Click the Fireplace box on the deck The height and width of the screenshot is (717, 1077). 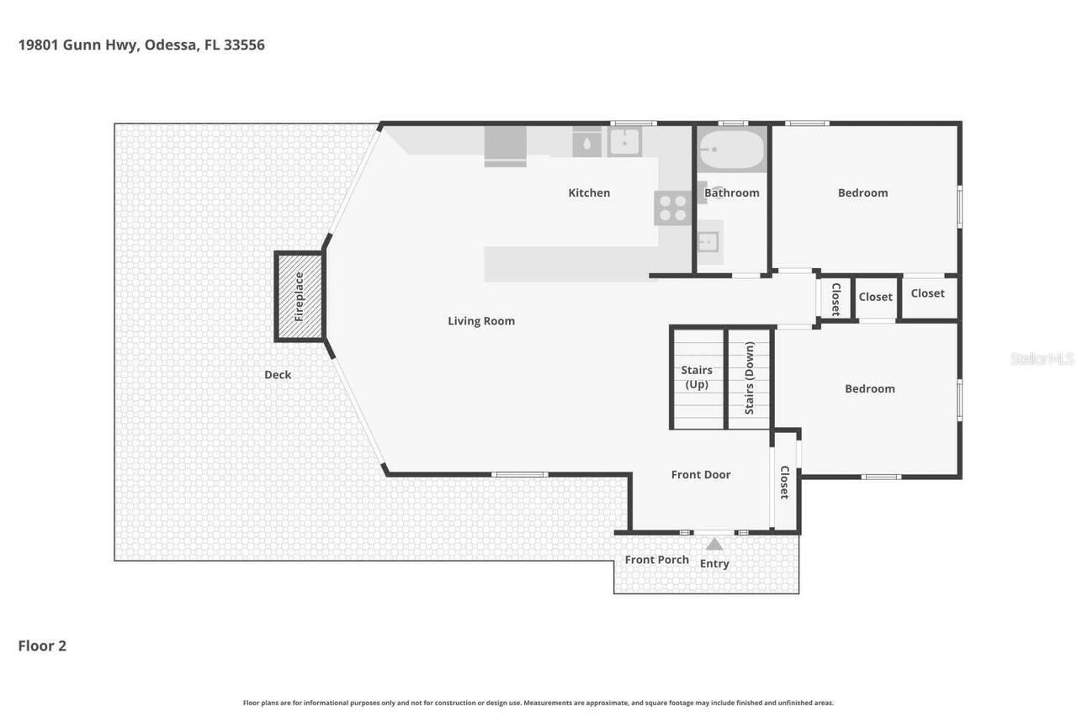tap(300, 296)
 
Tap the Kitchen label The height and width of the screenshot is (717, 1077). tap(589, 192)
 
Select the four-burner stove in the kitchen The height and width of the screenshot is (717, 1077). tap(672, 208)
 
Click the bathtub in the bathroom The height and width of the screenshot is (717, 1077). tap(732, 150)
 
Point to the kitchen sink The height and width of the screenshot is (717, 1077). tap(624, 142)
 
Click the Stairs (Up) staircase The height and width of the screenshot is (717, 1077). tap(697, 378)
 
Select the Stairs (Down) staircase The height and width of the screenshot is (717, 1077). tap(749, 378)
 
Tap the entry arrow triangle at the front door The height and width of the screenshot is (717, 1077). tap(714, 544)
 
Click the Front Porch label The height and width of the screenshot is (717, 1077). tap(656, 560)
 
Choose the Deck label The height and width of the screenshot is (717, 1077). tap(278, 375)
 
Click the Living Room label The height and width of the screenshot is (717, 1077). tap(481, 321)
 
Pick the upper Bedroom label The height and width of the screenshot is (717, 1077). tap(862, 192)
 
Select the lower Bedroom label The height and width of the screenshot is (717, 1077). tap(869, 388)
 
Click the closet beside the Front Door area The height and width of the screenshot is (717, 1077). tap(784, 482)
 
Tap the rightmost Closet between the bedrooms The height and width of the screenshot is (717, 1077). tap(928, 294)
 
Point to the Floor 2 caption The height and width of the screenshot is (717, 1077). tap(42, 646)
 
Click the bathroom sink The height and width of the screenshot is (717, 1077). tap(708, 242)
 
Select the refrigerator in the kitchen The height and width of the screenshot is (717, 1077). tap(505, 145)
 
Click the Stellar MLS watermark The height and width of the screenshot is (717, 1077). tap(1042, 359)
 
